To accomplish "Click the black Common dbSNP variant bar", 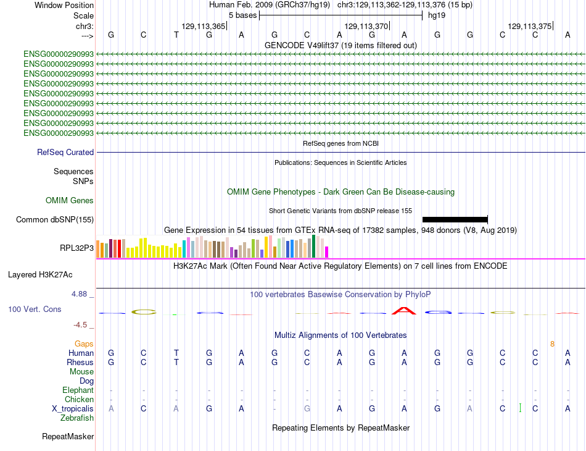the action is (x=455, y=219).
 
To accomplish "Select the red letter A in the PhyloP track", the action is (x=403, y=311).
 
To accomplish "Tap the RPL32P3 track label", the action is (x=76, y=248).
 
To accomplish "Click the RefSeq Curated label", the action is (x=65, y=153).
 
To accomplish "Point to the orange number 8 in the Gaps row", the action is (x=552, y=344).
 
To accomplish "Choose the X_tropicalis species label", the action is (x=73, y=408).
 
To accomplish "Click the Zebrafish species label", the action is (x=77, y=418).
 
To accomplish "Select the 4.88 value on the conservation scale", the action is (x=79, y=294).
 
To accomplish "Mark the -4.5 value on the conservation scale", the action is (x=80, y=325).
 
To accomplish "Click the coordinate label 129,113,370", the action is (x=366, y=26).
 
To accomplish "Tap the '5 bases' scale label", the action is (x=243, y=15).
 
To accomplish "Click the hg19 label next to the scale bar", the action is (x=437, y=15).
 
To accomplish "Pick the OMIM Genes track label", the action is (x=70, y=200).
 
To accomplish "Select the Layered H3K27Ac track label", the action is (x=40, y=275).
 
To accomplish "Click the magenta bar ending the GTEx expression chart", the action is (x=327, y=252).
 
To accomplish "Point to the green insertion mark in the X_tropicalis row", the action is (x=520, y=408).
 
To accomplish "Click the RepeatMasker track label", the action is (x=68, y=436).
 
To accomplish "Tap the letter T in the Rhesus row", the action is (x=176, y=362).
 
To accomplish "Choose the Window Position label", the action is (x=64, y=5).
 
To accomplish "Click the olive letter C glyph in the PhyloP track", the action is (x=144, y=312).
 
